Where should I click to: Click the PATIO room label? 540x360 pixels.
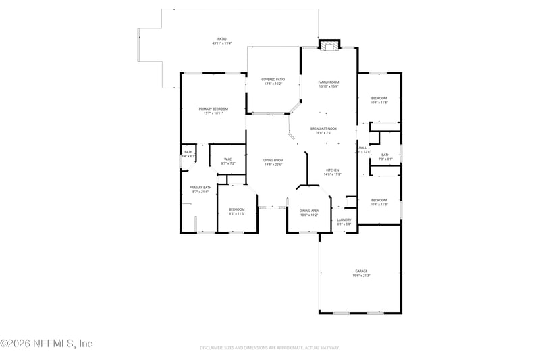[x=221, y=39]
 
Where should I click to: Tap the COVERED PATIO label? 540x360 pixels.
[x=273, y=80]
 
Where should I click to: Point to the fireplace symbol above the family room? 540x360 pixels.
[x=329, y=46]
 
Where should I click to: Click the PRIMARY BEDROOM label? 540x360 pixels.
[x=213, y=109]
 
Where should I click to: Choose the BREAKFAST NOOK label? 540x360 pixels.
[x=323, y=128]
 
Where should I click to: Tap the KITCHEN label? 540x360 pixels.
[x=333, y=170]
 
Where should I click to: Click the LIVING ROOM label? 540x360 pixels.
[x=273, y=160]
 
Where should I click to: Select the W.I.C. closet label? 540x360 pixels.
[x=228, y=159]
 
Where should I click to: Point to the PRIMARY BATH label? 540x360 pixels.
[x=200, y=187]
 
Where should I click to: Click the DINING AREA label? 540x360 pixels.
[x=309, y=211]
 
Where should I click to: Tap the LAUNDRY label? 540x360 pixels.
[x=344, y=220]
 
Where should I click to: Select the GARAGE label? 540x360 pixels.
[x=362, y=271]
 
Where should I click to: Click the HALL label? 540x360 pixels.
[x=363, y=147]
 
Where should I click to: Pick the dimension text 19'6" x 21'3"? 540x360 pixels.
[x=362, y=275]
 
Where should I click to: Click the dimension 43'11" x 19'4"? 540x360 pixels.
[x=221, y=43]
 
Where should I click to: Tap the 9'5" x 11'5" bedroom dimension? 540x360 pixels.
[x=236, y=213]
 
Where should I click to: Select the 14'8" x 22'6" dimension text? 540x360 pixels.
[x=273, y=164]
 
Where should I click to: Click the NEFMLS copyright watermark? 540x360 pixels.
[x=46, y=344]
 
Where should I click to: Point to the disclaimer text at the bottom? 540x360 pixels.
[x=270, y=347]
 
